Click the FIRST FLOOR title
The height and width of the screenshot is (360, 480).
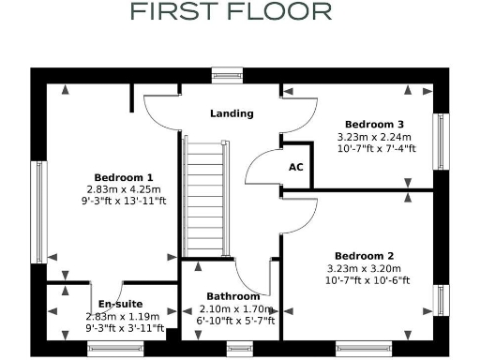231,12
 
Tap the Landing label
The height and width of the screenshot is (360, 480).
232,113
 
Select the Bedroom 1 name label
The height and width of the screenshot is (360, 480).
124,177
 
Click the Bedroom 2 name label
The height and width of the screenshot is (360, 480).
364,256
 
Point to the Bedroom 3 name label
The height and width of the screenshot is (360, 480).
374,124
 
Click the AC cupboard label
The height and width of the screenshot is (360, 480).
296,167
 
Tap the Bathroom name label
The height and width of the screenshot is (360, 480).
233,297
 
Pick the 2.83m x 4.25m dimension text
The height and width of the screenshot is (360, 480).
124,188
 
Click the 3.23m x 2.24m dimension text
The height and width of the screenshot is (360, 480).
374,136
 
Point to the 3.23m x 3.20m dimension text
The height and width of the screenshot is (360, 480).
364,268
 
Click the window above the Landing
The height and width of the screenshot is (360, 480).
227,75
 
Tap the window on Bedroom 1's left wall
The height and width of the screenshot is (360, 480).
38,211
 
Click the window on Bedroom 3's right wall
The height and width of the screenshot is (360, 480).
438,142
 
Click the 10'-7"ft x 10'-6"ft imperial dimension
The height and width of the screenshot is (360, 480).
364,279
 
